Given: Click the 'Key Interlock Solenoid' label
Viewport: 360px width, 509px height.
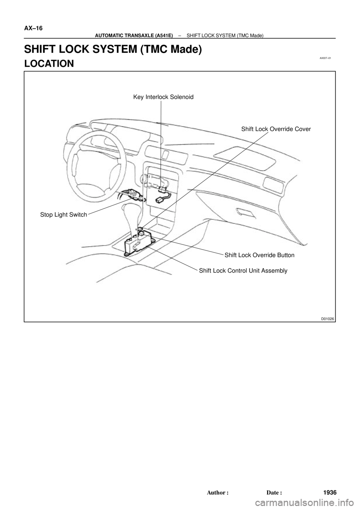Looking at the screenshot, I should coord(163,97).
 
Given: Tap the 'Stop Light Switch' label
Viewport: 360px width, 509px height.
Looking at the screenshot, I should coord(64,215).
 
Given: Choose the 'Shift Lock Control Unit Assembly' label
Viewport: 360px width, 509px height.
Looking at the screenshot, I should coord(243,270).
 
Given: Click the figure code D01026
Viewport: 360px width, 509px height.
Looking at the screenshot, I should coord(327,319).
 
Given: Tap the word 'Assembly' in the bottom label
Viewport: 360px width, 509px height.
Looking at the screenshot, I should coord(275,270).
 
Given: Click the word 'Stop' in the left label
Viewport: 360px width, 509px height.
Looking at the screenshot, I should coord(47,215).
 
